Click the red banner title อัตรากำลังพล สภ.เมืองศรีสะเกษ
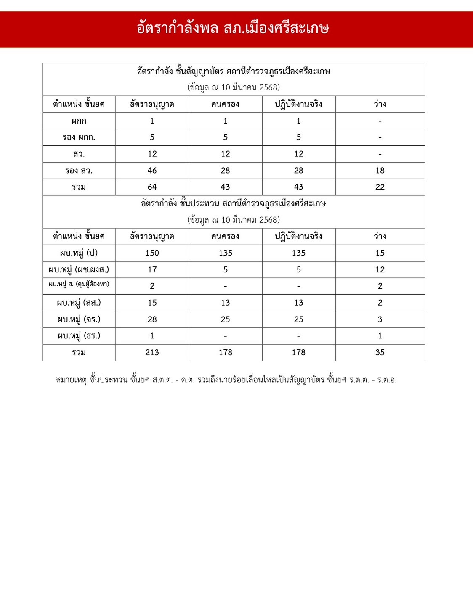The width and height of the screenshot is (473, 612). pyautogui.click(x=233, y=29)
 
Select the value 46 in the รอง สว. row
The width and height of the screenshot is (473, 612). pyautogui.click(x=152, y=171)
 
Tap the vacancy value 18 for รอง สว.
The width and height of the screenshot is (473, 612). pyautogui.click(x=380, y=171)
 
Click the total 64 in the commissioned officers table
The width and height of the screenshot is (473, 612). pyautogui.click(x=152, y=187)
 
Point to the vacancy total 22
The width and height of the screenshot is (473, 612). pyautogui.click(x=380, y=187)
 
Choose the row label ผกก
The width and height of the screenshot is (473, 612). pyautogui.click(x=79, y=121)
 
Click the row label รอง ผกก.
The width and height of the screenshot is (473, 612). pyautogui.click(x=79, y=137)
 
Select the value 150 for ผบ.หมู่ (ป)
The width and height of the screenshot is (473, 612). pyautogui.click(x=152, y=253)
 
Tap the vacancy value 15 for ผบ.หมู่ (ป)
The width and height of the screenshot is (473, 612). pyautogui.click(x=380, y=253)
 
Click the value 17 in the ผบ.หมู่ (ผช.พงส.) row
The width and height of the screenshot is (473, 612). pyautogui.click(x=152, y=270)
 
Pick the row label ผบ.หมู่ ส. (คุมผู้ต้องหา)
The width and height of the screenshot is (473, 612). pyautogui.click(x=79, y=285)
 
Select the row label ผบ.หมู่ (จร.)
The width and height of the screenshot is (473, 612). pyautogui.click(x=79, y=319)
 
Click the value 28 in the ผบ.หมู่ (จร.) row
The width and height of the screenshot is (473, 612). pyautogui.click(x=152, y=319)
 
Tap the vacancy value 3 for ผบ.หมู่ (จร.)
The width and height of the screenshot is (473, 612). pyautogui.click(x=380, y=319)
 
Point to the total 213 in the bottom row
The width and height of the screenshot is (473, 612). pyautogui.click(x=152, y=353)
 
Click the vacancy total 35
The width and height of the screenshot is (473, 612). pyautogui.click(x=380, y=353)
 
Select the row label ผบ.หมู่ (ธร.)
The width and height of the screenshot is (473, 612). pyautogui.click(x=79, y=336)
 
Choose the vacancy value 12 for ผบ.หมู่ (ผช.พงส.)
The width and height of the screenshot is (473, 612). pyautogui.click(x=380, y=270)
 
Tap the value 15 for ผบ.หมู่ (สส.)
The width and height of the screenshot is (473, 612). pyautogui.click(x=152, y=303)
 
